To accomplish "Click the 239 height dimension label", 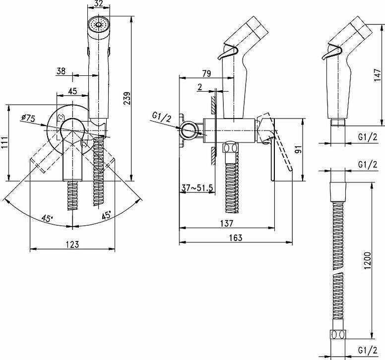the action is (x=127, y=98).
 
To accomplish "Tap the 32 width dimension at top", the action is (x=99, y=3).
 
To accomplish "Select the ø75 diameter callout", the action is (x=28, y=119).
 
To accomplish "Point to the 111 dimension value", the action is (x=4, y=143).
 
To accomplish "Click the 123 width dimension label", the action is (x=72, y=244).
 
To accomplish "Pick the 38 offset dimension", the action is (x=61, y=71).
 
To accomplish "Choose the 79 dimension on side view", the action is (x=206, y=73).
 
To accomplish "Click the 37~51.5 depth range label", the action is (x=196, y=188).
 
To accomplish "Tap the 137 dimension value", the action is (x=226, y=223).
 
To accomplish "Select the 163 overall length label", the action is (x=236, y=238).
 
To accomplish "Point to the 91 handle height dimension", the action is (x=298, y=149).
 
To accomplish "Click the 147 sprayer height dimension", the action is (x=378, y=75).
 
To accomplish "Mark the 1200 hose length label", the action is (x=368, y=261).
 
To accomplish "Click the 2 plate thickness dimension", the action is (x=199, y=87).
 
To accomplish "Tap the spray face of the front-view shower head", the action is (x=98, y=24).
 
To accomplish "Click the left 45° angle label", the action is (x=47, y=218).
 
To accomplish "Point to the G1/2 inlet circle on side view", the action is (x=189, y=129).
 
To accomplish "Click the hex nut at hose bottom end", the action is (x=338, y=335).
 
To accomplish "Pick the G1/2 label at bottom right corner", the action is (x=368, y=350).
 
